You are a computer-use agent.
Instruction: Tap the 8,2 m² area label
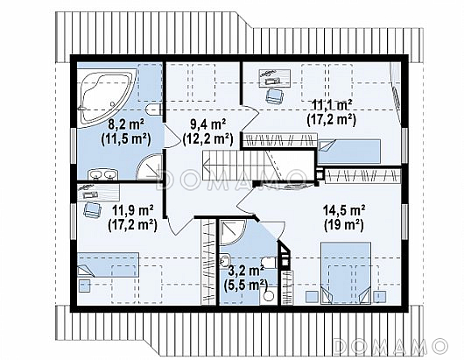click(126, 124)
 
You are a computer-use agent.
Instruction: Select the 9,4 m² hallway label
click(208, 124)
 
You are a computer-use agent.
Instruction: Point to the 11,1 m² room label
click(332, 105)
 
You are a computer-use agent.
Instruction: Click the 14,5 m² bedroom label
click(343, 210)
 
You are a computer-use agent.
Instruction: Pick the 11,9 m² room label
click(132, 210)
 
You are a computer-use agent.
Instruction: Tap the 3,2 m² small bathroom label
click(246, 271)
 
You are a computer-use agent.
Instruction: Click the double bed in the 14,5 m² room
click(346, 273)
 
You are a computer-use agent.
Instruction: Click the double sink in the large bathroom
click(103, 174)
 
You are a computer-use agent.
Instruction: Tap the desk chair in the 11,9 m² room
click(92, 210)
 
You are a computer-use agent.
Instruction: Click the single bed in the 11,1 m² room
click(349, 152)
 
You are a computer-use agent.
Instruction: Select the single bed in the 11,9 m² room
click(108, 265)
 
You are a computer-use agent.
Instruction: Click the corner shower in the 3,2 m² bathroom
click(233, 232)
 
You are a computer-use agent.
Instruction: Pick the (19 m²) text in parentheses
click(343, 226)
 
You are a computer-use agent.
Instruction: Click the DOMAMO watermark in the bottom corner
click(390, 346)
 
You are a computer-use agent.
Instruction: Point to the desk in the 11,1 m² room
click(274, 78)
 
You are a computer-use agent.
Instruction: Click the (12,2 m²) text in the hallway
click(208, 139)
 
